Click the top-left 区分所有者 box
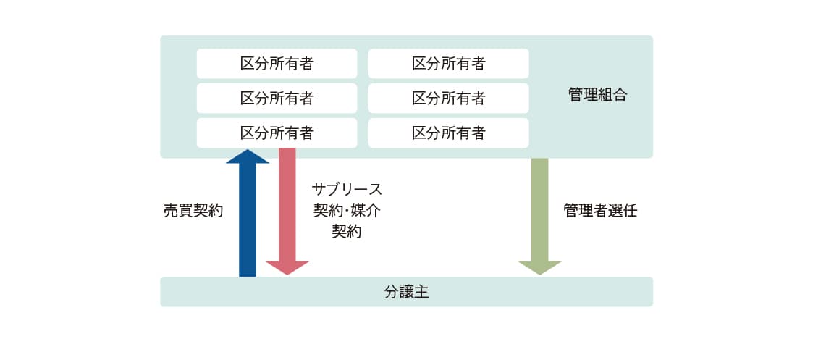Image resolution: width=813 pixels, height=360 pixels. [277, 64]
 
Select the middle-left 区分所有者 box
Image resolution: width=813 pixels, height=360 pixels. [277, 99]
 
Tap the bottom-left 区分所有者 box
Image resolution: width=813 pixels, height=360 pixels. [277, 133]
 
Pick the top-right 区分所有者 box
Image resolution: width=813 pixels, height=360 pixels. [448, 64]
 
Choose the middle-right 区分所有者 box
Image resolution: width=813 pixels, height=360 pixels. [448, 99]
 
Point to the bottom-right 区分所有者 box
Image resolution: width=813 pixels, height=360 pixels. [448, 133]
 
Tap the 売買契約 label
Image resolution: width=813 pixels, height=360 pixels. [193, 212]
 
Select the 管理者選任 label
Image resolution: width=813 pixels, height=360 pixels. [600, 212]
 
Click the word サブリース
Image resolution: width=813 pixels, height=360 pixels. [347, 190]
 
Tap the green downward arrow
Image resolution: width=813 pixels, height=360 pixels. [540, 210]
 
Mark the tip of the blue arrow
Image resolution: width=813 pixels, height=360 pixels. [248, 152]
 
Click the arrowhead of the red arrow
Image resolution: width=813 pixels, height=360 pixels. [287, 269]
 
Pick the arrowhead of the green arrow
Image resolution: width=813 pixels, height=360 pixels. [540, 269]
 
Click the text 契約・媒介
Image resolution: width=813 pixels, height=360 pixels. [347, 212]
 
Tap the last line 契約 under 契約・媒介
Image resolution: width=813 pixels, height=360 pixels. [347, 233]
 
